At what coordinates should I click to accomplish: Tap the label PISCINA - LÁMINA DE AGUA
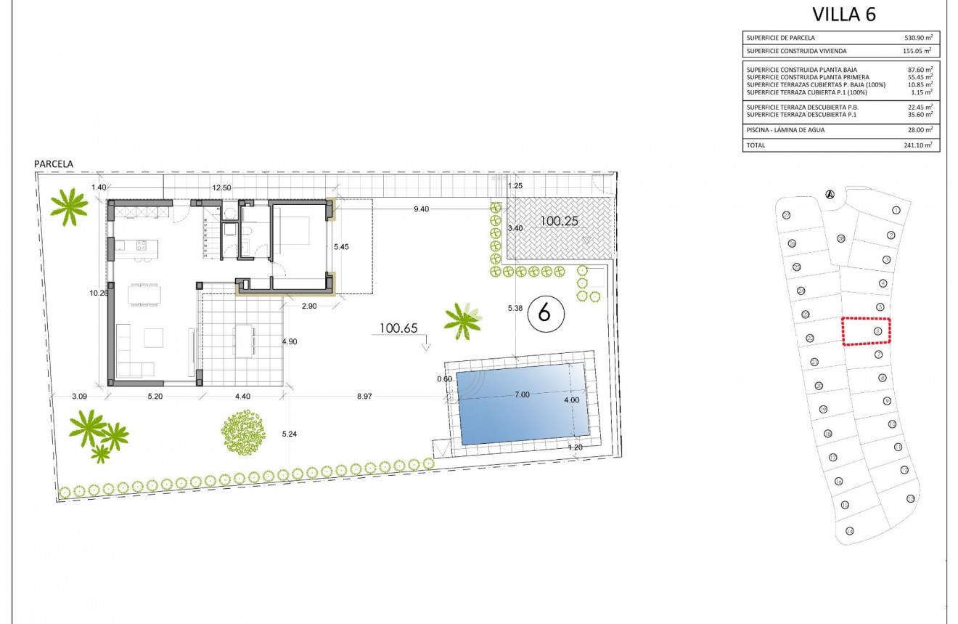[785, 130]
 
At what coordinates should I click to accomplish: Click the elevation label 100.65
[398, 329]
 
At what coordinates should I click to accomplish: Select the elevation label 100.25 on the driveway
[558, 221]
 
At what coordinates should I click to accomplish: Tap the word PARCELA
[54, 165]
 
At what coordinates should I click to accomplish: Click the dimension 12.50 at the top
[221, 187]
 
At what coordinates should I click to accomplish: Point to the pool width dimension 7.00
[521, 394]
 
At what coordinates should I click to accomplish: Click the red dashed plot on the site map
[866, 331]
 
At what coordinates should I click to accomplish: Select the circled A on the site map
[830, 193]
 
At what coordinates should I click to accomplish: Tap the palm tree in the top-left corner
[70, 206]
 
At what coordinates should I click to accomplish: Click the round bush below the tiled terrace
[243, 433]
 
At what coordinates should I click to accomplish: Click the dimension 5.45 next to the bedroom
[341, 247]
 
